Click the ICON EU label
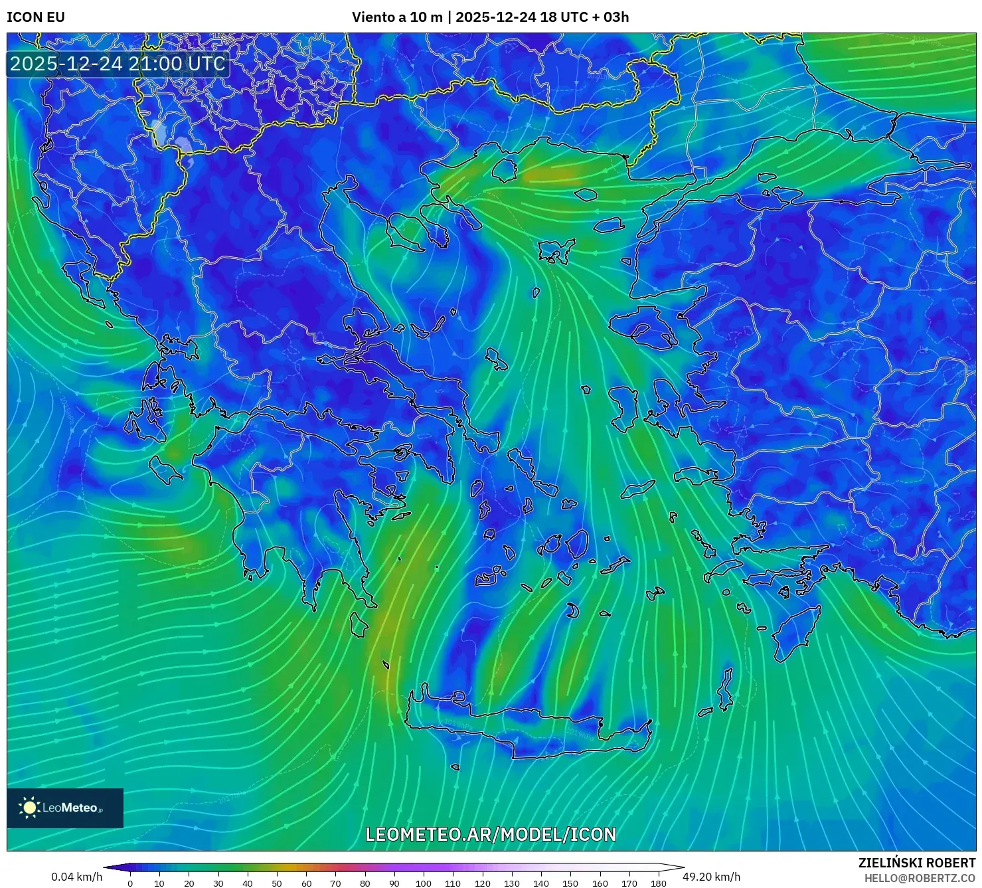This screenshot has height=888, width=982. (x=36, y=17)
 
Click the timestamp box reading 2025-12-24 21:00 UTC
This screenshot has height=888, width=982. (x=118, y=64)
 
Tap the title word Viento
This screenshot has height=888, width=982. (x=374, y=17)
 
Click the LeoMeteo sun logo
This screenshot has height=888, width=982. (x=29, y=808)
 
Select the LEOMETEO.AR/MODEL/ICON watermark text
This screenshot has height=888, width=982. (x=491, y=834)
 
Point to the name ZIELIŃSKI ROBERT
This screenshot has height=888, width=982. (x=917, y=863)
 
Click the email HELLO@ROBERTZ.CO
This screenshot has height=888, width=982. (x=920, y=878)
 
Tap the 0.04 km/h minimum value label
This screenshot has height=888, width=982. (x=76, y=877)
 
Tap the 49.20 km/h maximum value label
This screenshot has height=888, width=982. (x=711, y=877)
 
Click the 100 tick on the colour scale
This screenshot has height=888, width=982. (x=424, y=883)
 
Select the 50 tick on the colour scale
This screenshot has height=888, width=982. (x=277, y=883)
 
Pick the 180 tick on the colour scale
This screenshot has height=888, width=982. (x=658, y=883)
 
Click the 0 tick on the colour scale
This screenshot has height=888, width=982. (x=130, y=883)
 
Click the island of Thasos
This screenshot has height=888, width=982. (x=505, y=169)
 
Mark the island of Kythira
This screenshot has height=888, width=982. (x=359, y=624)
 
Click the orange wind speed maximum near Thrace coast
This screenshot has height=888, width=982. (x=551, y=175)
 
